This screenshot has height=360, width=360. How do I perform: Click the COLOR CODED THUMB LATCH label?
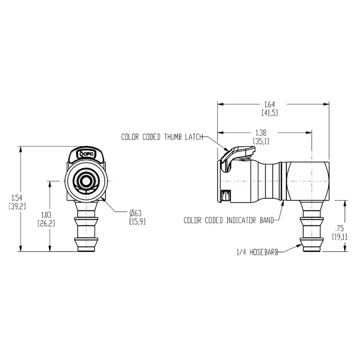pos(162,137)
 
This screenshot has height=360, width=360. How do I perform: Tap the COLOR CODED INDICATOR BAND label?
pos(228,221)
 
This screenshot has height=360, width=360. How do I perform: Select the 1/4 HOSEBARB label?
pos(258,251)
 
